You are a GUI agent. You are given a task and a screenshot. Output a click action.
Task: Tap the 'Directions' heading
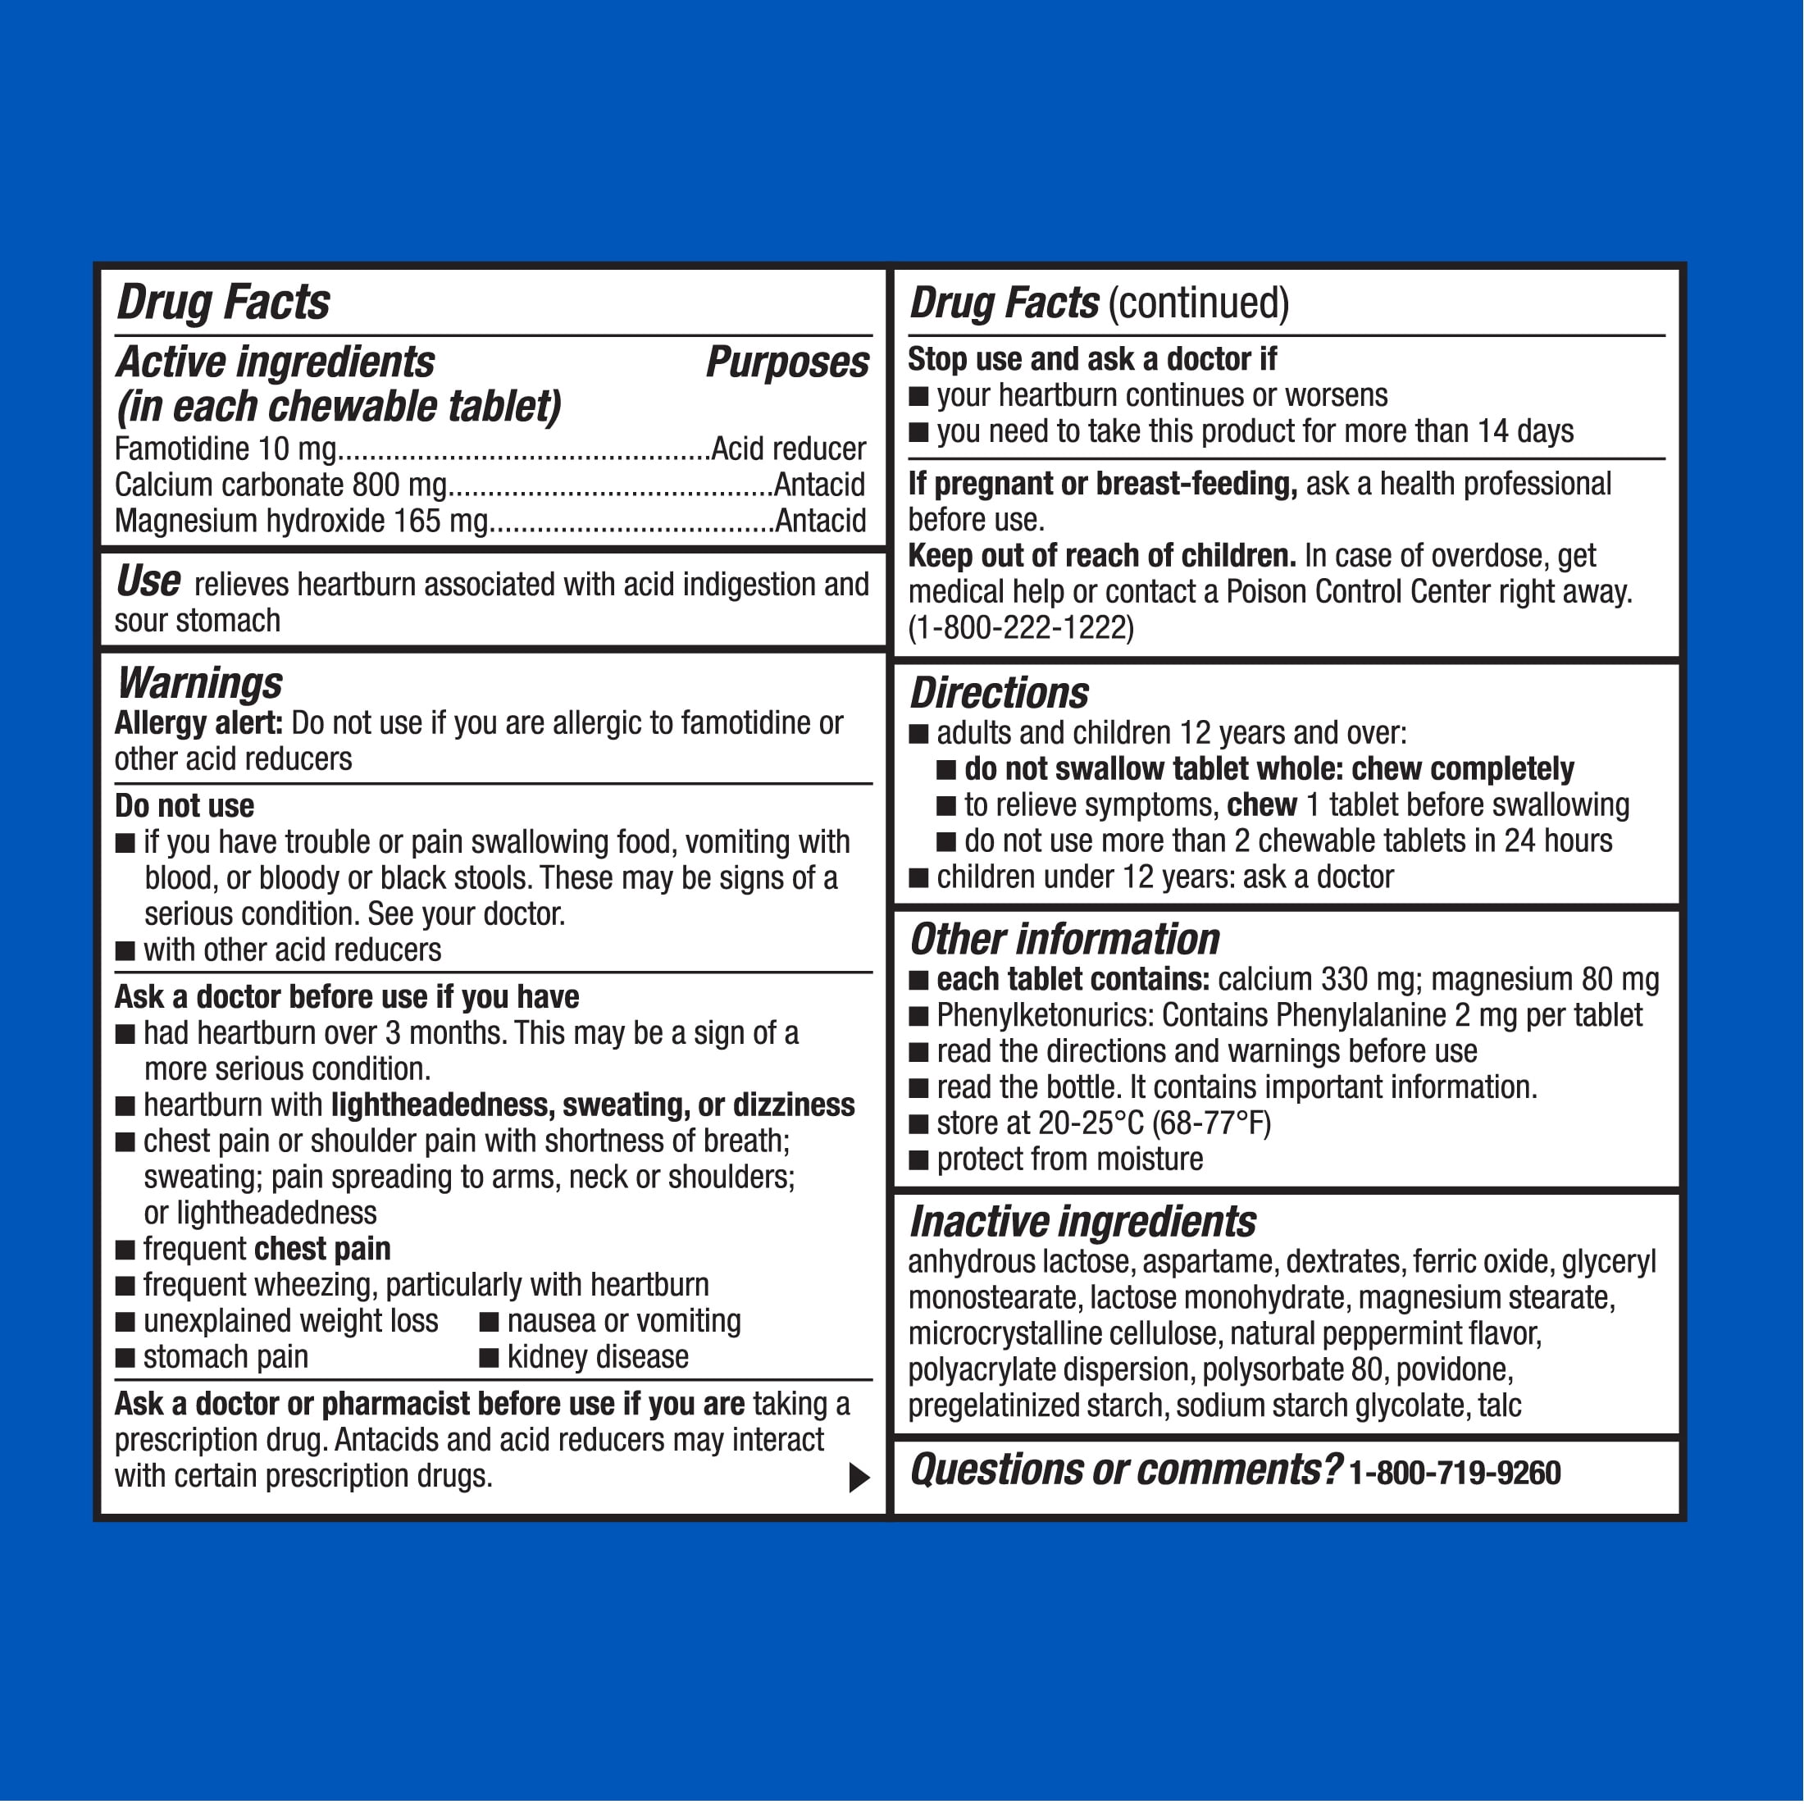pos(999,694)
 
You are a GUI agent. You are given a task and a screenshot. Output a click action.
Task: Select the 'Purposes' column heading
pos(787,362)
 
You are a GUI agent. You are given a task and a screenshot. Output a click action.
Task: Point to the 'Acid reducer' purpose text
pos(788,449)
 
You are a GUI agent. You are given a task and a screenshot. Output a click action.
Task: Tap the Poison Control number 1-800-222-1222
pos(1021,627)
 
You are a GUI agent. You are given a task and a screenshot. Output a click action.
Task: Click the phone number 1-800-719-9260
pos(1455,1473)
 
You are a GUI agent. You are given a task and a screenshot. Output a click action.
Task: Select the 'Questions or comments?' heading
pos(1125,1469)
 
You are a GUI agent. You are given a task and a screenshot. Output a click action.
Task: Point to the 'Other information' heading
pos(1064,940)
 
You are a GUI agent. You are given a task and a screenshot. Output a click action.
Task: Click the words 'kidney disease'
pos(598,1357)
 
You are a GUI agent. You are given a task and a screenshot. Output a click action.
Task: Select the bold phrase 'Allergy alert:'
pos(198,722)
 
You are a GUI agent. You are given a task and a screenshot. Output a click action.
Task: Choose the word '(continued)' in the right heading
pos(1199,303)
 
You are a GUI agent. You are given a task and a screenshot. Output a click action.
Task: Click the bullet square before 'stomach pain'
pos(125,1359)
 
